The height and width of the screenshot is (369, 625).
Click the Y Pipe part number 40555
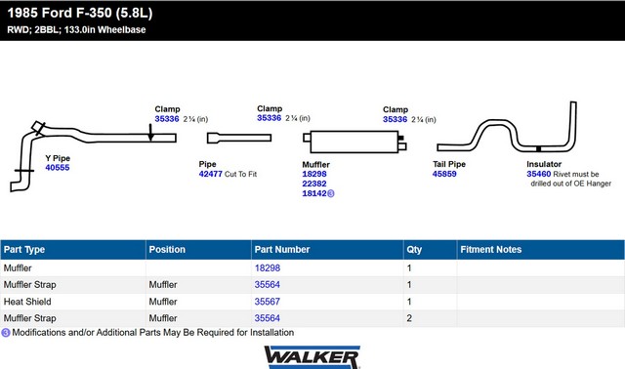(x=58, y=168)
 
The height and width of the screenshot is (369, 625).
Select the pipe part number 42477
(x=211, y=174)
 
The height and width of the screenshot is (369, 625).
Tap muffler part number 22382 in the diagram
(x=314, y=184)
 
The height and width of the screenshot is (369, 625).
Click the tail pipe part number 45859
(x=444, y=174)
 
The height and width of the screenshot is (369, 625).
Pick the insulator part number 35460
(x=538, y=174)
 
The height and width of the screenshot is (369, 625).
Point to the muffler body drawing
(x=354, y=142)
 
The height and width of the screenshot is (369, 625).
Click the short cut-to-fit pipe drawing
(x=239, y=138)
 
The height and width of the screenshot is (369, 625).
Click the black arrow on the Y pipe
(x=150, y=132)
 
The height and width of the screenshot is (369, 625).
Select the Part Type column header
(x=24, y=250)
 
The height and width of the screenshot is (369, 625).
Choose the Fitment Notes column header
(x=490, y=250)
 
